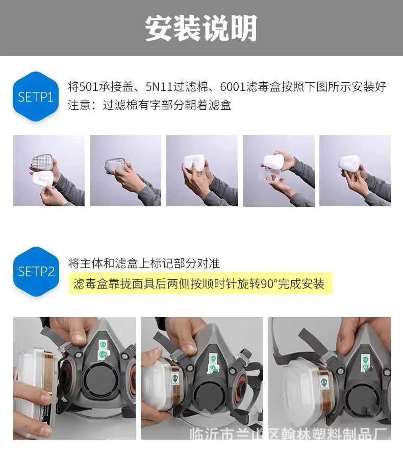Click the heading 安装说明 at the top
click(x=201, y=28)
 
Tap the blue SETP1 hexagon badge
click(x=36, y=97)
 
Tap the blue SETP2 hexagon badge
click(x=36, y=272)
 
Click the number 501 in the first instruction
click(x=88, y=87)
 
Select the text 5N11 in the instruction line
click(x=159, y=87)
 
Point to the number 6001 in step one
click(x=233, y=87)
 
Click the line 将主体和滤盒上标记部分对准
click(x=144, y=264)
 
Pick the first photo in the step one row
click(x=49, y=171)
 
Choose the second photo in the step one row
click(x=125, y=171)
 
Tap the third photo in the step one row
click(x=202, y=171)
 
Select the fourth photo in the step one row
click(x=279, y=171)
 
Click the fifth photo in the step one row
click(x=355, y=171)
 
